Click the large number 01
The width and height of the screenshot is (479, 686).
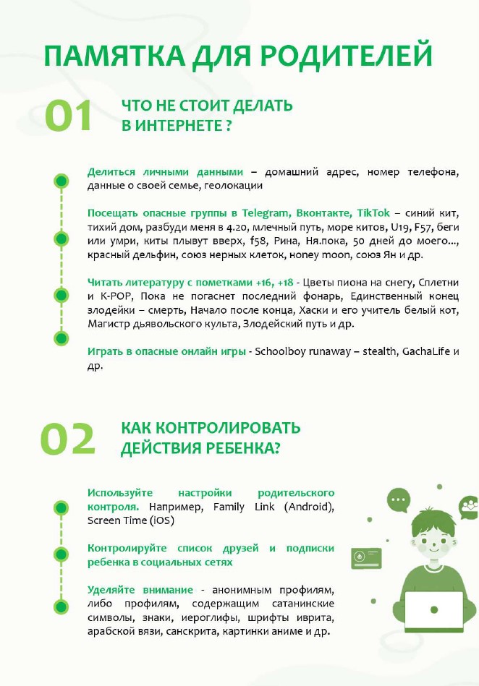[69, 116]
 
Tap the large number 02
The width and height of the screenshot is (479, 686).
[68, 439]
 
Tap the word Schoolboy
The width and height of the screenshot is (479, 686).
[282, 351]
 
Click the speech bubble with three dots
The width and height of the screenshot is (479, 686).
[398, 499]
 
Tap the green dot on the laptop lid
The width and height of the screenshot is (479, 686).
[433, 610]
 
